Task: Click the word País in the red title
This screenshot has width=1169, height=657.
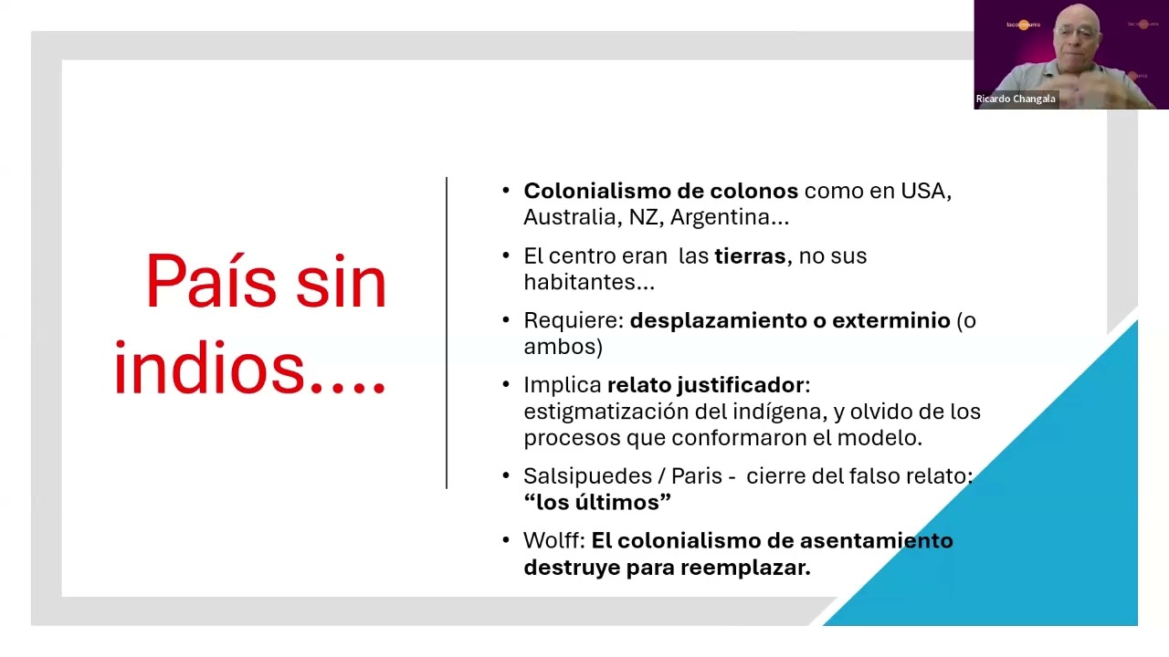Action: point(211,282)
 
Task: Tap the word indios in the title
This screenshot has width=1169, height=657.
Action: point(209,368)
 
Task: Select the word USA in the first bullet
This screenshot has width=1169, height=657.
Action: point(926,192)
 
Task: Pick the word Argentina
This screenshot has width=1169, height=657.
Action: point(720,217)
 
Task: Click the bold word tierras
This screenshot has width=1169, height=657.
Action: point(750,256)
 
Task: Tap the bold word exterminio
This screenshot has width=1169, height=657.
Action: point(890,320)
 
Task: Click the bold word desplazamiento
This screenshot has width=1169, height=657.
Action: point(718,321)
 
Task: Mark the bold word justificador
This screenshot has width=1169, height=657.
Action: point(740,386)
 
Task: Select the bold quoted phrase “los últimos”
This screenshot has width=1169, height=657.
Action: point(597,502)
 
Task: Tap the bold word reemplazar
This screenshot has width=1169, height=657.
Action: point(745,568)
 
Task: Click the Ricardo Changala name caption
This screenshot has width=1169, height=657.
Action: point(1016,99)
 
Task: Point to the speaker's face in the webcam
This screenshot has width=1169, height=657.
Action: point(1077,36)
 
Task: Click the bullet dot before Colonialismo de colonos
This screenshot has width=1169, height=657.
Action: point(506,191)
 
